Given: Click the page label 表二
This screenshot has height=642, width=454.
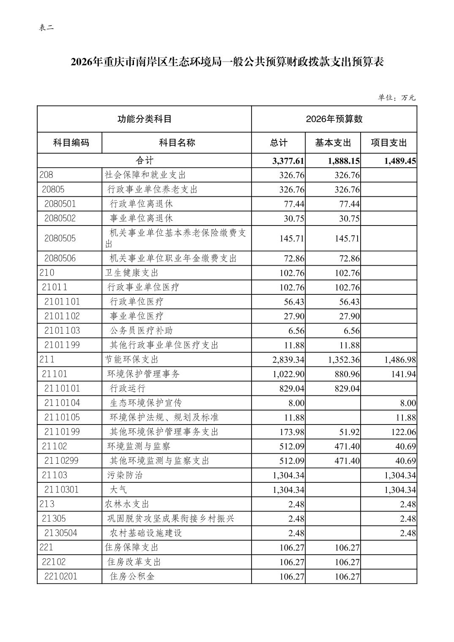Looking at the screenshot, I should point(46,28).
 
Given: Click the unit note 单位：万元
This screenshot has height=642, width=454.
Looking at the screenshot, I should point(397,98).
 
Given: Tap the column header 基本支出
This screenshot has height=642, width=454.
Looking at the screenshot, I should point(333,143).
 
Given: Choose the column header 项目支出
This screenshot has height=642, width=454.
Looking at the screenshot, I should point(388,143).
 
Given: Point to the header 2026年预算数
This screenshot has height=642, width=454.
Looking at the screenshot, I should point(334,119).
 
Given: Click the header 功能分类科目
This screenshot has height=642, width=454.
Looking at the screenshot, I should point(144,119).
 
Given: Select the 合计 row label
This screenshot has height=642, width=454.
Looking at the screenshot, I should point(144,160).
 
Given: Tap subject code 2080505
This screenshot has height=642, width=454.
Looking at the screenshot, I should point(60,238).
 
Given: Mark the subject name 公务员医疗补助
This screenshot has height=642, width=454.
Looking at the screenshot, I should point(141,331).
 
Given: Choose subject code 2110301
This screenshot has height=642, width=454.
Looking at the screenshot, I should point(61,490).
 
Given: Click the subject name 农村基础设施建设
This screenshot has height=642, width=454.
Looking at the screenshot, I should point(146,533).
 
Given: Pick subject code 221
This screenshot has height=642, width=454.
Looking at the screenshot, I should point(46,547).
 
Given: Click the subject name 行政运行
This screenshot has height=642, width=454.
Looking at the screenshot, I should point(127,389).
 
